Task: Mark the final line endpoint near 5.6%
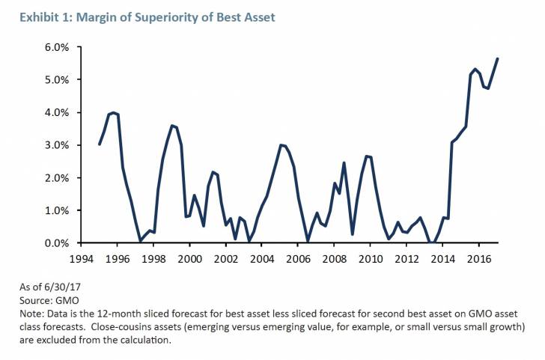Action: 498,58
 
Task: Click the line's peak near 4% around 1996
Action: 112,113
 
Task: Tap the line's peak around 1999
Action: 172,126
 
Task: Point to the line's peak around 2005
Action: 281,145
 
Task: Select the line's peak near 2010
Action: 367,156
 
